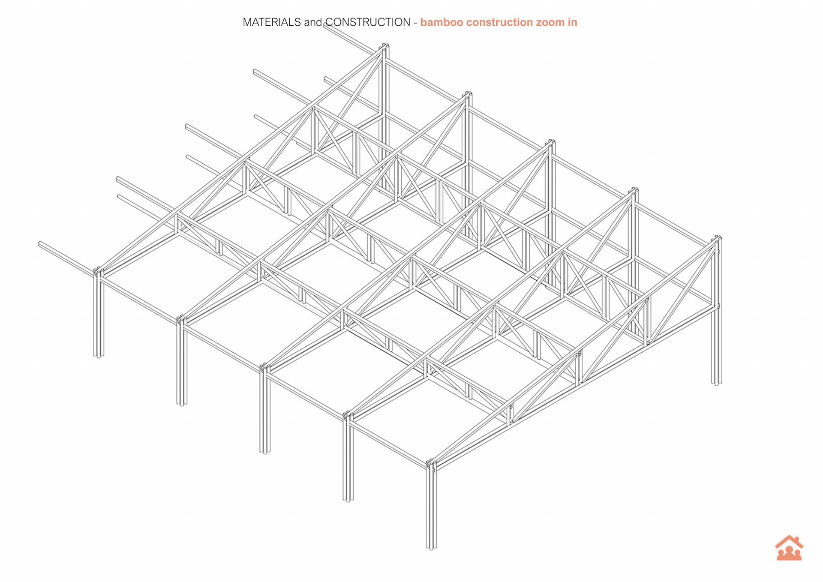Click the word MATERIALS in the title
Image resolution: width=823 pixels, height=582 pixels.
pyautogui.click(x=272, y=22)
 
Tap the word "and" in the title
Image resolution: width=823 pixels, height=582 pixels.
pyautogui.click(x=313, y=22)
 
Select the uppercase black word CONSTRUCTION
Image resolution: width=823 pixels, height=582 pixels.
pyautogui.click(x=368, y=22)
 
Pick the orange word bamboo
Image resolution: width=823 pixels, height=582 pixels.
pyautogui.click(x=441, y=22)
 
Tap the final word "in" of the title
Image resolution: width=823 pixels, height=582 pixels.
pyautogui.click(x=573, y=22)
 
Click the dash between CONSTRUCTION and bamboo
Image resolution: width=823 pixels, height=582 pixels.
pyautogui.click(x=415, y=22)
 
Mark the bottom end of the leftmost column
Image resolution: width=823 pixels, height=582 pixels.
pyautogui.click(x=99, y=355)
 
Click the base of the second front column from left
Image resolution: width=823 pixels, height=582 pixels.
pyautogui.click(x=182, y=403)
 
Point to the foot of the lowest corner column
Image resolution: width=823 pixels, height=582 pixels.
pyautogui.click(x=431, y=547)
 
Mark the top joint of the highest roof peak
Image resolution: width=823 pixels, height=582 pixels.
pyautogui.click(x=384, y=46)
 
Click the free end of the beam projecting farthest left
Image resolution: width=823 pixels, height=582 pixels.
pyautogui.click(x=40, y=244)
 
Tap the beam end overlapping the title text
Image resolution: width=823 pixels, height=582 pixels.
pyautogui.click(x=326, y=26)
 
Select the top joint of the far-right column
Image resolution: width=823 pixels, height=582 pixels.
pyautogui.click(x=717, y=238)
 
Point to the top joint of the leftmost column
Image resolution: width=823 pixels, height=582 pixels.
pyautogui.click(x=99, y=271)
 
